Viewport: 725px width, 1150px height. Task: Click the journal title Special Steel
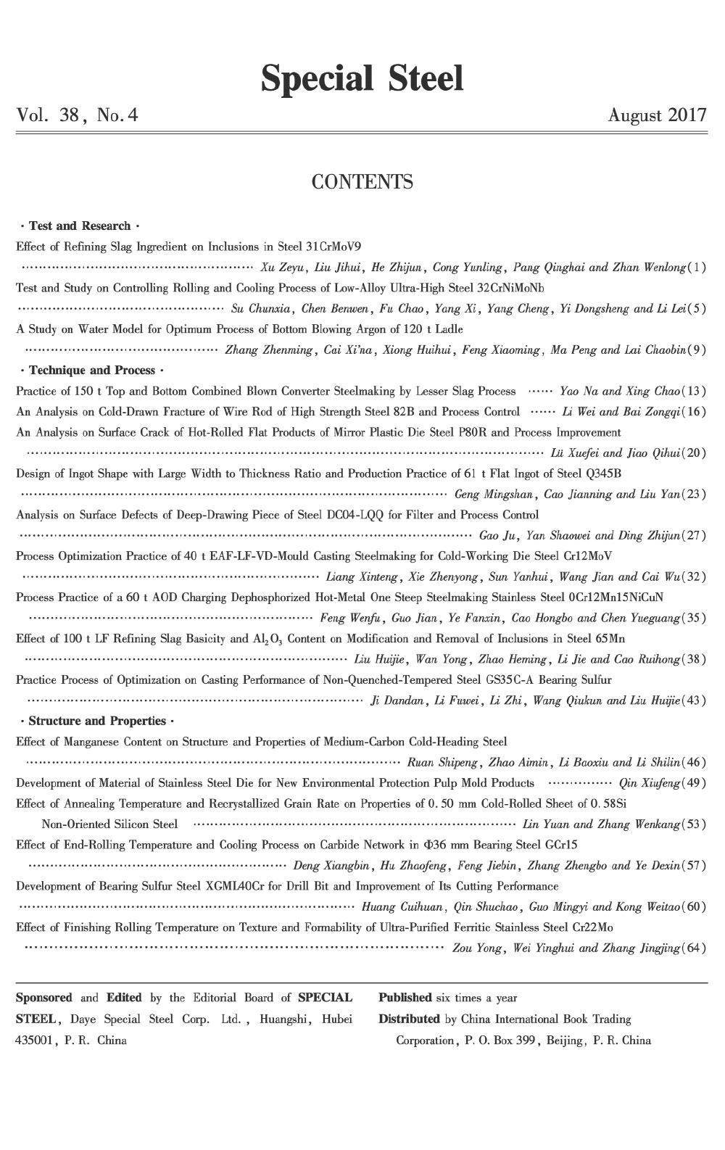click(362, 78)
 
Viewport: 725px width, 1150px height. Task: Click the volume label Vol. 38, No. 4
click(77, 115)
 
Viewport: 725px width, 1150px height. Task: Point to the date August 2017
click(658, 115)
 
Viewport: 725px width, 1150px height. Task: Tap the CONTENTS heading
click(362, 181)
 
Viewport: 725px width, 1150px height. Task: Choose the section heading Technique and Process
click(92, 371)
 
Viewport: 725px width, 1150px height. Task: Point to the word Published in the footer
click(405, 998)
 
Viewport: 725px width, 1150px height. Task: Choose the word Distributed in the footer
click(409, 1019)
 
